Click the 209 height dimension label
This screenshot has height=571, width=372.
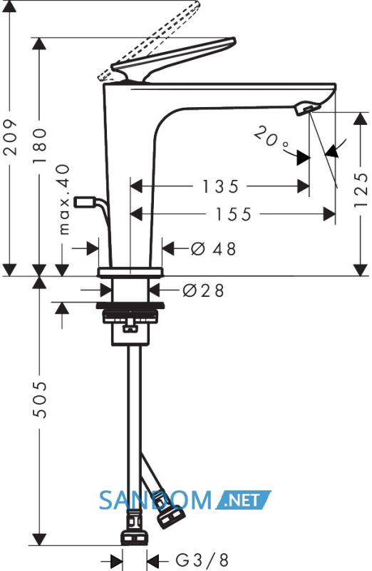[10, 136]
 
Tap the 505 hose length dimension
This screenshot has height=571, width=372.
[40, 400]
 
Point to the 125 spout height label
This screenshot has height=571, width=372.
[361, 190]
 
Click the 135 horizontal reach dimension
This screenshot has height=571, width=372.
[220, 186]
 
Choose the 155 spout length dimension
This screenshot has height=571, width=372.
[234, 214]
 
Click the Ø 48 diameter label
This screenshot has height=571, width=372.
[214, 248]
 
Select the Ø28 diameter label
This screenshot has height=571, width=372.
[203, 290]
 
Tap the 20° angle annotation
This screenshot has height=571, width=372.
[271, 138]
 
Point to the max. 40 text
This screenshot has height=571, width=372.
[64, 199]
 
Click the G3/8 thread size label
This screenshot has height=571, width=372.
[202, 559]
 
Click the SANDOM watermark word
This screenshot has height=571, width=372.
[155, 500]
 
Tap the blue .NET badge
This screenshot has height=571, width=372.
[244, 500]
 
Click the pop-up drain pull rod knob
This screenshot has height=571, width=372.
[85, 201]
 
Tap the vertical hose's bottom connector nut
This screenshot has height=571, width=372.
[134, 538]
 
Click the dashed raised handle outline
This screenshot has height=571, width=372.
[149, 40]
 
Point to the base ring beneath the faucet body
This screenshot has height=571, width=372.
[130, 273]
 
